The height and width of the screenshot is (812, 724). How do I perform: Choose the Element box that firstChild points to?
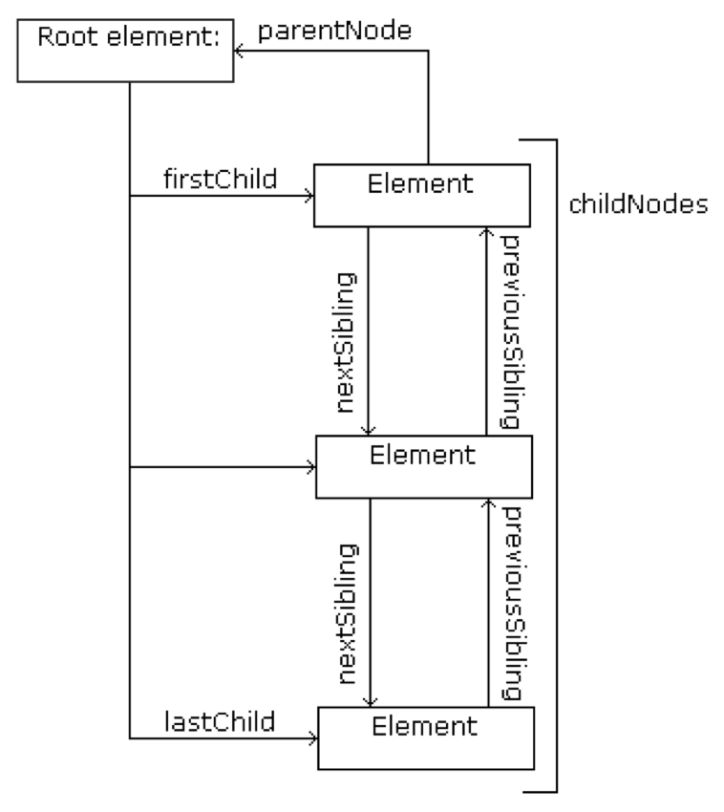[421, 196]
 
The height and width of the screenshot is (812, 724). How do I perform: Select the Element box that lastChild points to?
[423, 737]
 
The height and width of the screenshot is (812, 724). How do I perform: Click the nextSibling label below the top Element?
[347, 342]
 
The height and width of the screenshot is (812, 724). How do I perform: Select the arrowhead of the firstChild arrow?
[309, 196]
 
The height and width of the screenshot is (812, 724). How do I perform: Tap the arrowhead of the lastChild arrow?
[312, 737]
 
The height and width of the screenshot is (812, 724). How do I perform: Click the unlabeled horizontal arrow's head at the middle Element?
[311, 468]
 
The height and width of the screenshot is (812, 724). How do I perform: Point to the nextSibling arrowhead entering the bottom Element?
[370, 701]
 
